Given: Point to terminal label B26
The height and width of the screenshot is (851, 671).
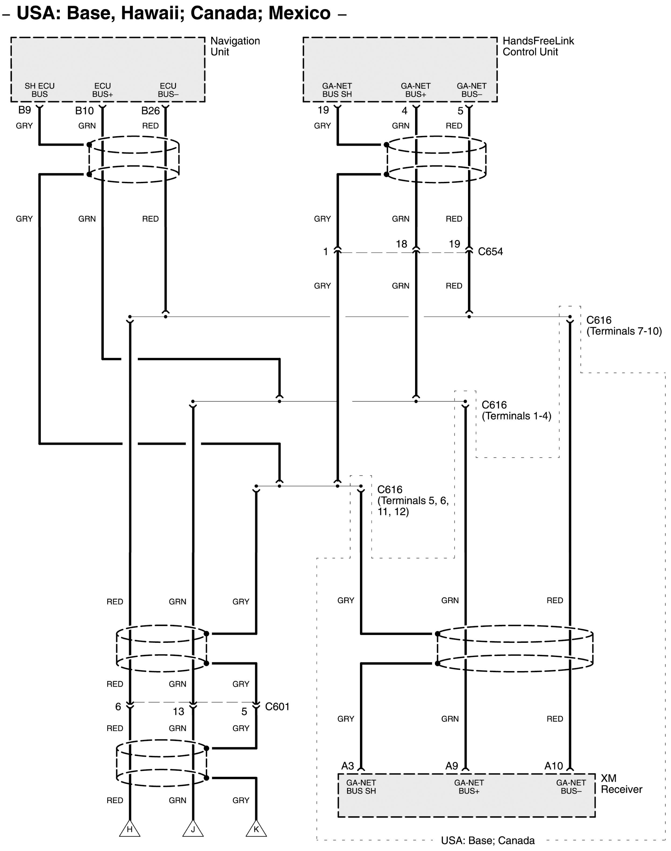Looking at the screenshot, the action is tap(151, 111).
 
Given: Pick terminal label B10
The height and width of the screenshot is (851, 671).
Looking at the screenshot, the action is tap(84, 111).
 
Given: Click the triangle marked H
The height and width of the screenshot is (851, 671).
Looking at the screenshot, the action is tap(130, 828).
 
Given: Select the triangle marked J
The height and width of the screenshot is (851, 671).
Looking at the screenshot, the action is tap(193, 828).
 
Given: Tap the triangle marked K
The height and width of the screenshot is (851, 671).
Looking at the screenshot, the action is tap(256, 828).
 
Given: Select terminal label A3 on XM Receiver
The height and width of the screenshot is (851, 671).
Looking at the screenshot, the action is tap(348, 766).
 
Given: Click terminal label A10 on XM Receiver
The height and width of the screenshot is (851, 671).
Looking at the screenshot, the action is tap(554, 766).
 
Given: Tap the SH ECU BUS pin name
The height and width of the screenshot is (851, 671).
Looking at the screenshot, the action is tap(40, 90).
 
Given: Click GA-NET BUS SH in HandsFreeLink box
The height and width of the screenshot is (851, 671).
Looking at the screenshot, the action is tap(337, 90).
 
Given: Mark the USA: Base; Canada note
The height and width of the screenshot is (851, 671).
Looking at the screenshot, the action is tap(488, 841).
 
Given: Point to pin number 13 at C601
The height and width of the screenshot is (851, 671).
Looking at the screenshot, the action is tap(178, 711).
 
